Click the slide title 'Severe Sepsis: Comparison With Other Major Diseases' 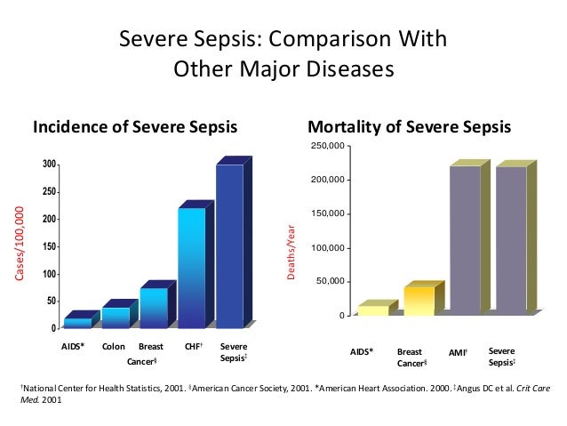(x=283, y=54)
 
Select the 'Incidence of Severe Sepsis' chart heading (x=135, y=127)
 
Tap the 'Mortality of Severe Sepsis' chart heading (x=409, y=127)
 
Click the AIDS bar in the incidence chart (x=77, y=323)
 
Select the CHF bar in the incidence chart (x=191, y=267)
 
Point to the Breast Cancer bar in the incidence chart (x=153, y=308)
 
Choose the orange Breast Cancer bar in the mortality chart (x=419, y=301)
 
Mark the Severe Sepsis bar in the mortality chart (x=510, y=240)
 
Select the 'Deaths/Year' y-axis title (x=289, y=253)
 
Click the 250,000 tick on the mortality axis (x=328, y=146)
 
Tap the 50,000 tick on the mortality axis (x=331, y=282)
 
